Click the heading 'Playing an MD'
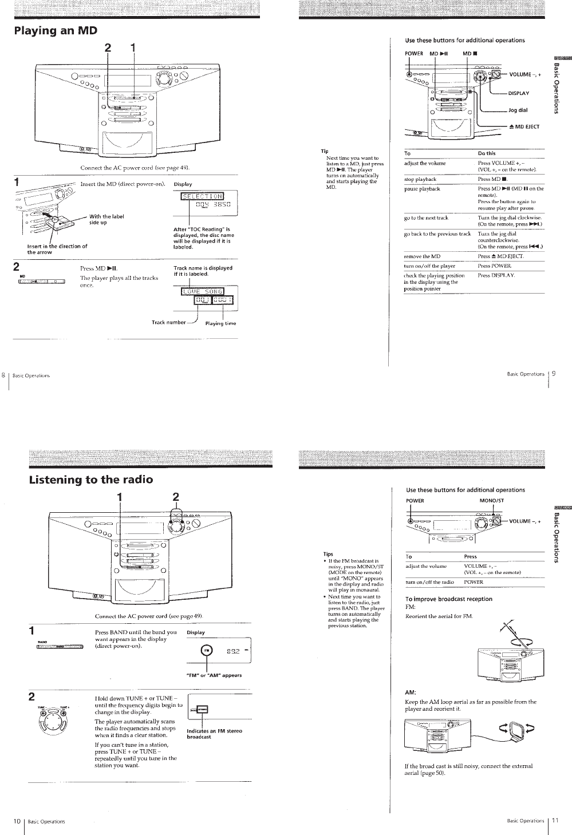click(56, 31)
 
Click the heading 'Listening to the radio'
click(91, 480)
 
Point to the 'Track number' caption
click(168, 322)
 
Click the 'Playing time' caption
click(220, 323)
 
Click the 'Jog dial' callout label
click(518, 110)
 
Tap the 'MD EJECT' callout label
click(524, 126)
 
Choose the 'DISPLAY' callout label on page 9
click(518, 93)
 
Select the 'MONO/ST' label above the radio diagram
click(491, 501)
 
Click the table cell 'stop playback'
click(420, 179)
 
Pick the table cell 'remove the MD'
click(422, 256)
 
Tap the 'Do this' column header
click(487, 153)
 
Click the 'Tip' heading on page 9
click(325, 151)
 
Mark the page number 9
click(554, 374)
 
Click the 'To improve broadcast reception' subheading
click(448, 599)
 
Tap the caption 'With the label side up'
click(106, 219)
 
